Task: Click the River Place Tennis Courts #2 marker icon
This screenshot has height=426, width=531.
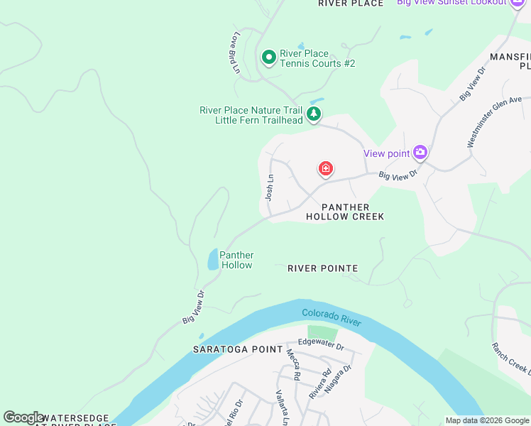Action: point(269,58)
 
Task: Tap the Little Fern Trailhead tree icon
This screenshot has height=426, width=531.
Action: point(313,114)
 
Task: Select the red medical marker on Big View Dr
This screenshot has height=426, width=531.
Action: point(326,168)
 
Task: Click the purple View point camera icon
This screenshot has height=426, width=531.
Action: point(420,152)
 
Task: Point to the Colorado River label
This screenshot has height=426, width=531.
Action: point(331,317)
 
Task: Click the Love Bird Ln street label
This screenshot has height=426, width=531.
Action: point(234,52)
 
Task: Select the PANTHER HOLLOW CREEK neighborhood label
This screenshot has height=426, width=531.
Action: point(344,212)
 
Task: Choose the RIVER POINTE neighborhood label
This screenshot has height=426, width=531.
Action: point(322,268)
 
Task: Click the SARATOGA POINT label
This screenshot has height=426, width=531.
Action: point(234,349)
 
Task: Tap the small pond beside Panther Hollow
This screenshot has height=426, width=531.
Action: point(213,260)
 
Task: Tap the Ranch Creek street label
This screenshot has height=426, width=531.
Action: point(510,358)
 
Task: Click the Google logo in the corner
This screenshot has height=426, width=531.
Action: point(24,417)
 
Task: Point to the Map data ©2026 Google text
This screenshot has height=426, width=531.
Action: point(486,420)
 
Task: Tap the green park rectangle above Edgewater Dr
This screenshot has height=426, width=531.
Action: point(323,332)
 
